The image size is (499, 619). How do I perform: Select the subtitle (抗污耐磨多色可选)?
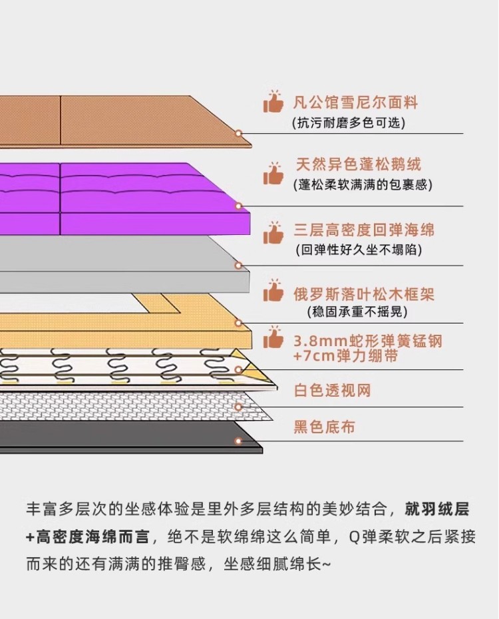point(349,123)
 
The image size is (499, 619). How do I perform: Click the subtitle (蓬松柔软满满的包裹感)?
point(363,185)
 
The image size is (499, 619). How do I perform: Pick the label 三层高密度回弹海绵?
point(364,230)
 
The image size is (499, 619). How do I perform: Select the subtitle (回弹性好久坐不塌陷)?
point(359,250)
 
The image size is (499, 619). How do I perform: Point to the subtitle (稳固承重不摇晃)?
point(357,312)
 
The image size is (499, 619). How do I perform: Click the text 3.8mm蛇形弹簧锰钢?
point(367,342)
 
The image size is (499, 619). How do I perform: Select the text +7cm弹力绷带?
point(345,357)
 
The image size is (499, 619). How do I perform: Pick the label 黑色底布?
point(324,427)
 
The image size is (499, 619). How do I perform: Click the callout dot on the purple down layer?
point(238,206)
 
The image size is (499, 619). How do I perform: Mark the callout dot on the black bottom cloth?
point(238,441)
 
